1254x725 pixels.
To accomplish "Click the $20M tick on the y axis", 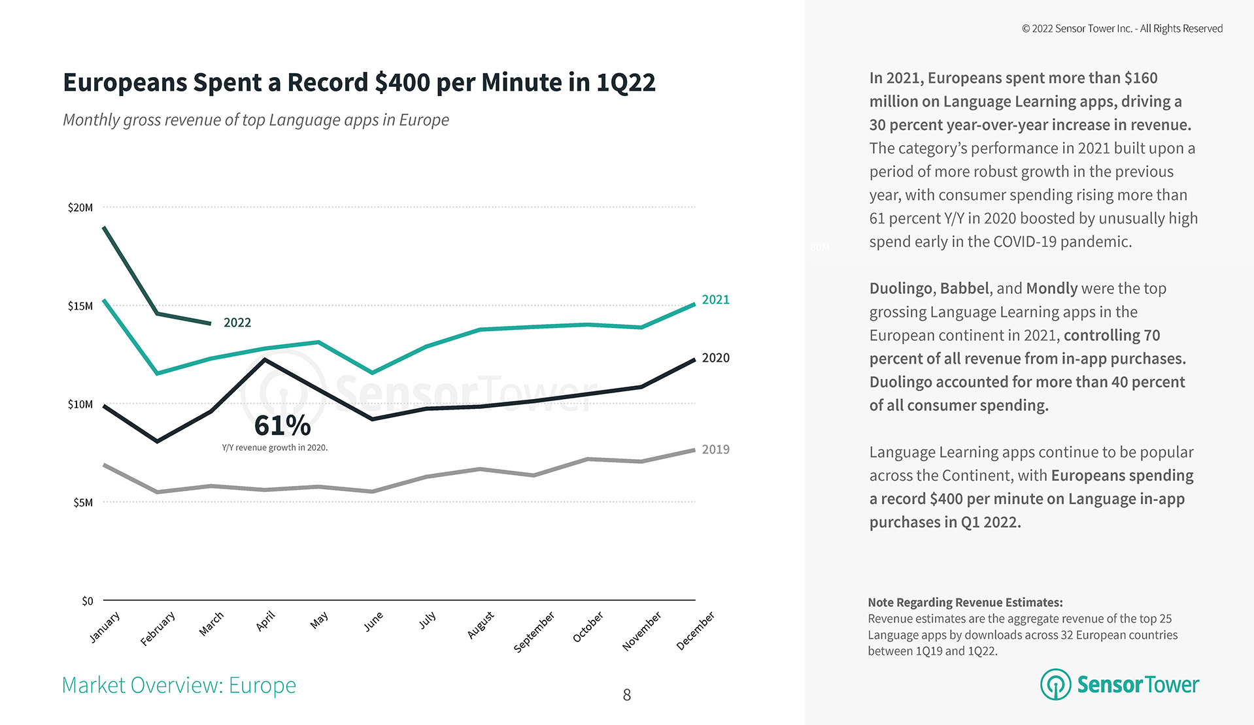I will pyautogui.click(x=80, y=208).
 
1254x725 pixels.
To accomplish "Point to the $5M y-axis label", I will pyautogui.click(x=83, y=502).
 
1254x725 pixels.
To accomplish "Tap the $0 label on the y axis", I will pyautogui.click(x=88, y=601).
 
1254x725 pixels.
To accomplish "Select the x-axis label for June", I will pyautogui.click(x=373, y=622).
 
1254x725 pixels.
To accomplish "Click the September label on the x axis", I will pyautogui.click(x=534, y=632).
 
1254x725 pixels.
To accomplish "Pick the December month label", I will pyautogui.click(x=695, y=631).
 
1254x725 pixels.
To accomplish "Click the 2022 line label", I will pyautogui.click(x=237, y=323).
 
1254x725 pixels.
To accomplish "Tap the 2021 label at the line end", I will pyautogui.click(x=715, y=300).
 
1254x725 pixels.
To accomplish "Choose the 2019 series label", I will pyautogui.click(x=715, y=449).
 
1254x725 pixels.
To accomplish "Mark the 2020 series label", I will pyautogui.click(x=715, y=358).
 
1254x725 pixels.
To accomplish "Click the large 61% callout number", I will pyautogui.click(x=282, y=425).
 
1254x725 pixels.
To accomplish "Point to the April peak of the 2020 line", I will pyautogui.click(x=265, y=359).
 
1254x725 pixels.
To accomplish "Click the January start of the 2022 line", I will pyautogui.click(x=104, y=227).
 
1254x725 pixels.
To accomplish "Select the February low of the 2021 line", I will pyautogui.click(x=158, y=374).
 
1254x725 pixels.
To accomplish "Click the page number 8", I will pyautogui.click(x=627, y=695).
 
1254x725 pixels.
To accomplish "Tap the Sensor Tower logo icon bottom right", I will pyautogui.click(x=1055, y=685).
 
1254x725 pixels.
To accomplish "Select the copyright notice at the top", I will pyautogui.click(x=1122, y=29).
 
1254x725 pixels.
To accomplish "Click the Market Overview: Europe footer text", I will pyautogui.click(x=179, y=685).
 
